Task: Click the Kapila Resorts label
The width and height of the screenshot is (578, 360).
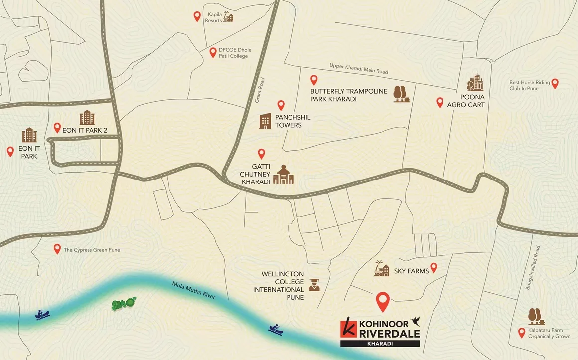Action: click(214, 17)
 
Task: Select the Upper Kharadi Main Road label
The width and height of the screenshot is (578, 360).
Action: click(358, 69)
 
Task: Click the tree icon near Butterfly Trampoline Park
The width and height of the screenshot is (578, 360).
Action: click(400, 94)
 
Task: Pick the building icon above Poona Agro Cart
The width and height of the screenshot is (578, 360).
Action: click(475, 83)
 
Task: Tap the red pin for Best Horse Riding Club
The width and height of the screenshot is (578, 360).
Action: click(555, 83)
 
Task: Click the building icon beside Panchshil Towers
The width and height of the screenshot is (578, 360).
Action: click(265, 121)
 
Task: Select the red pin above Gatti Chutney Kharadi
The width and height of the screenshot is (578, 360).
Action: click(261, 154)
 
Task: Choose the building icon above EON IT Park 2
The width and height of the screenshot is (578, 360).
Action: click(87, 118)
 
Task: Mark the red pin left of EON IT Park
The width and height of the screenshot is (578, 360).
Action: click(10, 152)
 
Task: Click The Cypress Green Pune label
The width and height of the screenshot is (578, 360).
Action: click(92, 250)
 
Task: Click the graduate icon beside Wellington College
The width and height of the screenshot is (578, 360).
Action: click(314, 285)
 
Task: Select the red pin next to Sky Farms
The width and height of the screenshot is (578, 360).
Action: click(433, 268)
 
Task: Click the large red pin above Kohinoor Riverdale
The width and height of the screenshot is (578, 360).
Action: click(382, 300)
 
